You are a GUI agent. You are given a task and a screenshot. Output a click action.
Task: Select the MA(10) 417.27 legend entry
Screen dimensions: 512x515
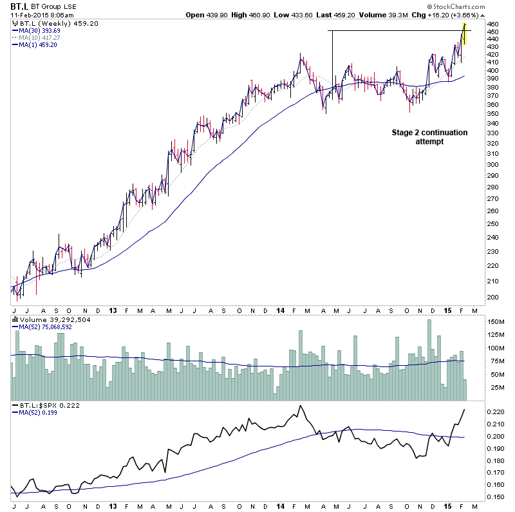[39, 37]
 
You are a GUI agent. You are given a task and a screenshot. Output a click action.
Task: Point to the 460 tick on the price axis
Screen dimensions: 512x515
[492, 24]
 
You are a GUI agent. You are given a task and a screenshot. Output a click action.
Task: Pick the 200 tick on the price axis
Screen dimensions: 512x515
[492, 297]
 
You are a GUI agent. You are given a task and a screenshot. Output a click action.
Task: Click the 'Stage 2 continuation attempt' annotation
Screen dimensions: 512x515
[429, 137]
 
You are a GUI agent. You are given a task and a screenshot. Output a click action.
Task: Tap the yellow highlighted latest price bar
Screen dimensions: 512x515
[464, 33]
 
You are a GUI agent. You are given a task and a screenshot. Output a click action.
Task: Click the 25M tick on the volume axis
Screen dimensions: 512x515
[494, 387]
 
